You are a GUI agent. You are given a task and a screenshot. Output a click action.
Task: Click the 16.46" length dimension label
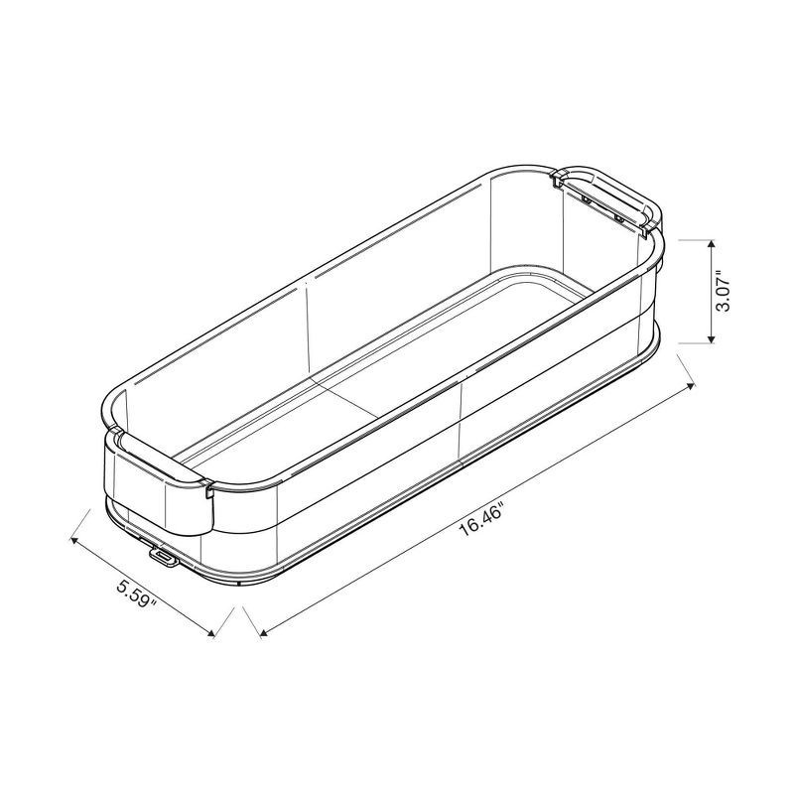click(x=482, y=517)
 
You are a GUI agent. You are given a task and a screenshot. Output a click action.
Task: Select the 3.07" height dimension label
click(x=725, y=293)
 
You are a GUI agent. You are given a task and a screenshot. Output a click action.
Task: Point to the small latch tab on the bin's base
click(x=163, y=560)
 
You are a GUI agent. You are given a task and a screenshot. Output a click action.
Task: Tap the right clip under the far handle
click(x=619, y=215)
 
